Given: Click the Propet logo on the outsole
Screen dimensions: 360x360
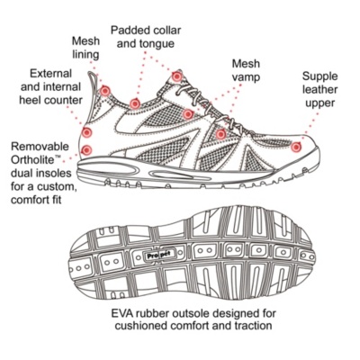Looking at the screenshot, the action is click(x=159, y=256).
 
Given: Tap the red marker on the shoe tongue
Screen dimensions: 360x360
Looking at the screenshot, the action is click(x=176, y=76).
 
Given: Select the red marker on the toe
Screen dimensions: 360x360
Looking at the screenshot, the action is click(x=296, y=147).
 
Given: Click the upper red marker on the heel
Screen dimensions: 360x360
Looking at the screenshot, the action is click(x=86, y=132).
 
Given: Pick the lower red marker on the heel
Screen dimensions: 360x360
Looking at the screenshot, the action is click(x=86, y=149).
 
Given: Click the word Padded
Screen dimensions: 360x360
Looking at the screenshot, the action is click(x=130, y=31).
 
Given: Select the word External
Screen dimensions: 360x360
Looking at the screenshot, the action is click(x=51, y=74).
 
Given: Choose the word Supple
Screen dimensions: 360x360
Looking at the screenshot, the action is click(x=319, y=76).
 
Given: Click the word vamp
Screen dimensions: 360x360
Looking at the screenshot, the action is click(x=246, y=77).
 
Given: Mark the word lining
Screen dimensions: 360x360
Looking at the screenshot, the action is click(x=85, y=55).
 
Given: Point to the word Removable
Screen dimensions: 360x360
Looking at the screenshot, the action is click(x=40, y=147).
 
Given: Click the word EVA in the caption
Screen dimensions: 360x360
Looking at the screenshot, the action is click(x=121, y=314).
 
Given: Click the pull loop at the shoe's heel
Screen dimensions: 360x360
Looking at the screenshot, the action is click(x=93, y=81).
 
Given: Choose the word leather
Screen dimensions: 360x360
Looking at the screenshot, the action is click(x=320, y=90).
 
